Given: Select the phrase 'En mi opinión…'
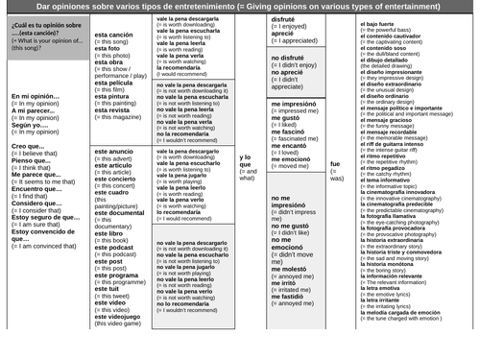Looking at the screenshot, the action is tap(33, 97).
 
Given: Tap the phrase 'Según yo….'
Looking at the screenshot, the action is tap(30, 125).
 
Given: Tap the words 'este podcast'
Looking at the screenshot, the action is tap(114, 247).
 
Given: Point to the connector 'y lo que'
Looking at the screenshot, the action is tap(247, 162).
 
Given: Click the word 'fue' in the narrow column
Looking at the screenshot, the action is tap(335, 164).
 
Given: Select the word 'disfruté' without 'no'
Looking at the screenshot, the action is tap(283, 19).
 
